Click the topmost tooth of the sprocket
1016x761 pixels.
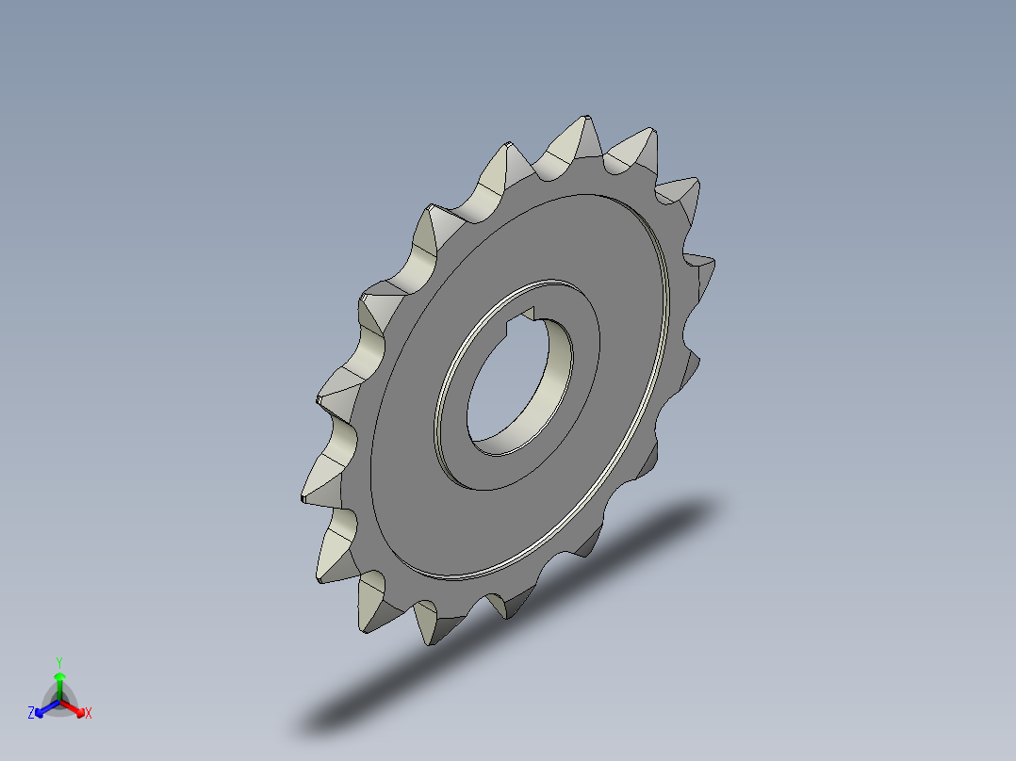[x=578, y=137]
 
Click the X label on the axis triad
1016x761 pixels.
[x=89, y=714]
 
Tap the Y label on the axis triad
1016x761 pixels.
[x=58, y=662]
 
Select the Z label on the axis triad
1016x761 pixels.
[x=31, y=714]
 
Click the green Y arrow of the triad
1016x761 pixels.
[x=58, y=682]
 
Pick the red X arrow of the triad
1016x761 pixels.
[x=74, y=707]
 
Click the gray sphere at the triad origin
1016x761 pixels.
[x=58, y=702]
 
